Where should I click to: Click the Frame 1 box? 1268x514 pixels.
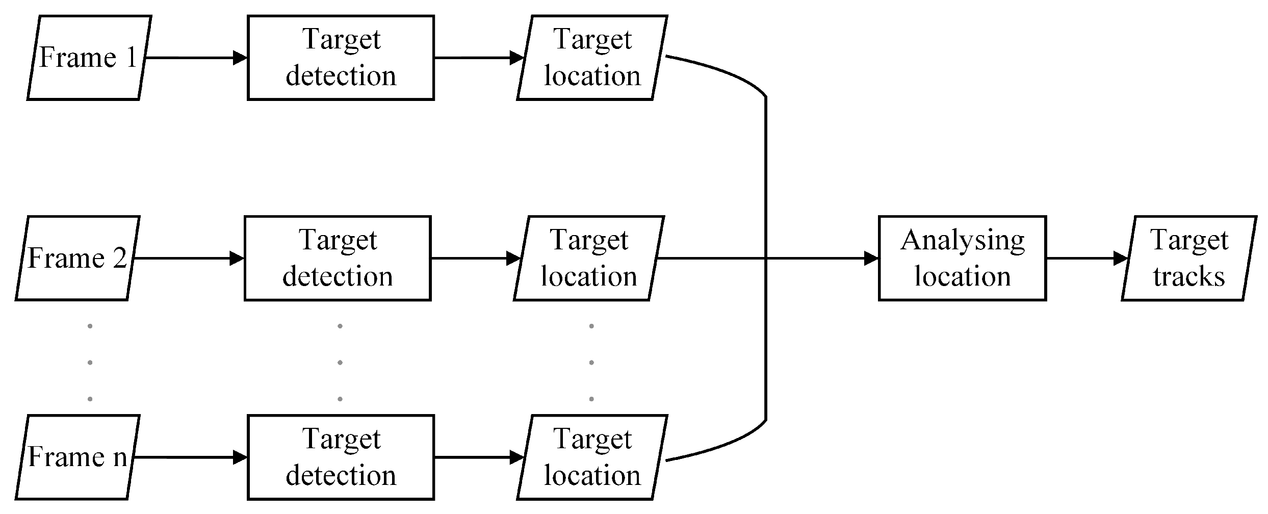pyautogui.click(x=89, y=58)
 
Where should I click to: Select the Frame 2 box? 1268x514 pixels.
pyautogui.click(x=77, y=258)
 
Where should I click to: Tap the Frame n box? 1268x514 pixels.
pyautogui.click(x=77, y=457)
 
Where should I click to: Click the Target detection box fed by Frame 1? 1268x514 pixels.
pyautogui.click(x=341, y=58)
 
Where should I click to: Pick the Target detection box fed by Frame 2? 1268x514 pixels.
pyautogui.click(x=338, y=258)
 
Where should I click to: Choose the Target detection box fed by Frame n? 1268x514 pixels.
pyautogui.click(x=341, y=457)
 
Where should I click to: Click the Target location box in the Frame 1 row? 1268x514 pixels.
pyautogui.click(x=592, y=58)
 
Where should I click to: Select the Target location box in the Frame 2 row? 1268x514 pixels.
pyautogui.click(x=589, y=258)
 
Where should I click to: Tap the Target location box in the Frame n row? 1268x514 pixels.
pyautogui.click(x=592, y=457)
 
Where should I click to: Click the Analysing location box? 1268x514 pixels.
pyautogui.click(x=962, y=258)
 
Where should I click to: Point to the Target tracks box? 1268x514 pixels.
pyautogui.click(x=1189, y=258)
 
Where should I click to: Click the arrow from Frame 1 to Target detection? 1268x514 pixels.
pyautogui.click(x=194, y=58)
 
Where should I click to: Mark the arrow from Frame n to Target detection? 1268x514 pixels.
pyautogui.click(x=189, y=457)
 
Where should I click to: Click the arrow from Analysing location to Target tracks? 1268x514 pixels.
pyautogui.click(x=1083, y=258)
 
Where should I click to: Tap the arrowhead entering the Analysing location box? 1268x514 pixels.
pyautogui.click(x=871, y=258)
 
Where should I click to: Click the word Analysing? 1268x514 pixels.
pyautogui.click(x=962, y=241)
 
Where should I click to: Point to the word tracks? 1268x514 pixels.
pyautogui.click(x=1189, y=277)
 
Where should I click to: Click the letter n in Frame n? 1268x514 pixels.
pyautogui.click(x=120, y=457)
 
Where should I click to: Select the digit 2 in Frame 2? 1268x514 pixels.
pyautogui.click(x=119, y=258)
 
